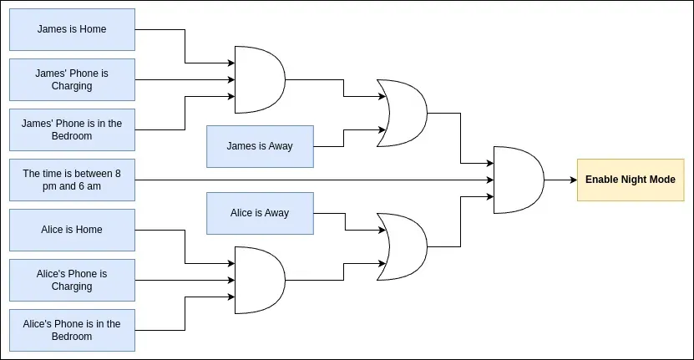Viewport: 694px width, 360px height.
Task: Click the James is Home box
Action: [72, 29]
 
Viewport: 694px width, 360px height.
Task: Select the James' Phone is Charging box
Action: [72, 79]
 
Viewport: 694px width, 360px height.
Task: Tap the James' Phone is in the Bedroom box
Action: [72, 129]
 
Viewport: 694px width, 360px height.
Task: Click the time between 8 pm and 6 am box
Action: [72, 180]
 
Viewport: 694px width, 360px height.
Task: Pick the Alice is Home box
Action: [72, 230]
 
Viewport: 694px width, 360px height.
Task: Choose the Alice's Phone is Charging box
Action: [72, 280]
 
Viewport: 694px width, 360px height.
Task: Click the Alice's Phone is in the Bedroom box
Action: [72, 330]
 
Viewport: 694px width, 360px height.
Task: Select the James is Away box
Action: [260, 146]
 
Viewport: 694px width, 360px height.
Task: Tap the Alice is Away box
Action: [260, 213]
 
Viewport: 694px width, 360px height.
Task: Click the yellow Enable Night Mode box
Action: [630, 180]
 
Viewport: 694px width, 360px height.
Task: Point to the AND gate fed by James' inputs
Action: [260, 79]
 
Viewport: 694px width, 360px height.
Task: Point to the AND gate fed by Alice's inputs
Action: [260, 280]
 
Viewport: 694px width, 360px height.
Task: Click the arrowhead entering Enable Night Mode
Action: [572, 180]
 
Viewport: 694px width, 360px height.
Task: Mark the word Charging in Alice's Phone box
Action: [72, 286]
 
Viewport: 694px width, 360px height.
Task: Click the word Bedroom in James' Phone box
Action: [72, 136]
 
